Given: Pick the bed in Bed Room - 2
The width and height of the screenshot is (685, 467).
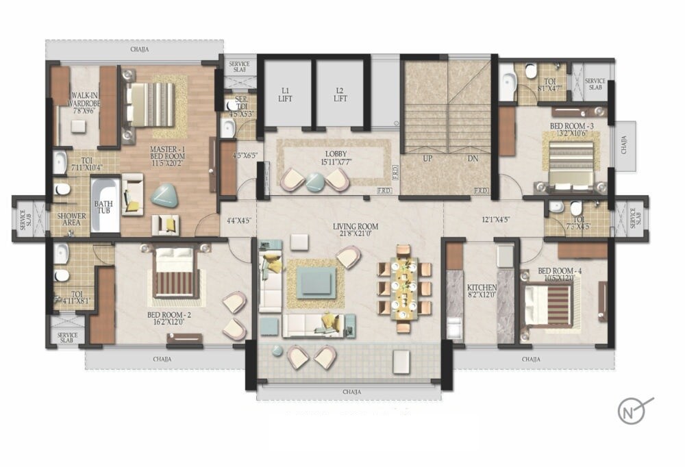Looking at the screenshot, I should coord(175,274).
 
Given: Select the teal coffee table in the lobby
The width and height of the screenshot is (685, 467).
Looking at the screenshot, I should coord(315,181).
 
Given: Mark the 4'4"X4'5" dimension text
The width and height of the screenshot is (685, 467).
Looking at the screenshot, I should coord(237,220).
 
